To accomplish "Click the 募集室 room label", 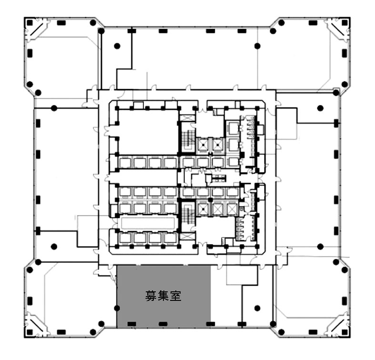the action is coord(163,296).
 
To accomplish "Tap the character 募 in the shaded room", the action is coord(151,296).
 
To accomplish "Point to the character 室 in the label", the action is coord(175,296).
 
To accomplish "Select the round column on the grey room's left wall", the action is coord(117,309).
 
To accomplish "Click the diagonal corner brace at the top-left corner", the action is coord(38,30).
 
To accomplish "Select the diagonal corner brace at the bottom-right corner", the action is coord(337,324).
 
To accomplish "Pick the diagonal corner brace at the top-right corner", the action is coord(337,30).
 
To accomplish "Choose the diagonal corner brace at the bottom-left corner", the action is coord(38,324).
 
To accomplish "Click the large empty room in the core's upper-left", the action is coord(148,132).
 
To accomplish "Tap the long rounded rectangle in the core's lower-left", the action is coord(148,223).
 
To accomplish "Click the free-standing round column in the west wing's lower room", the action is coord(54,247).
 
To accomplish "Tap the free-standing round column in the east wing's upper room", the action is coord(320,108).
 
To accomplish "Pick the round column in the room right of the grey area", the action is coord(257,309).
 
